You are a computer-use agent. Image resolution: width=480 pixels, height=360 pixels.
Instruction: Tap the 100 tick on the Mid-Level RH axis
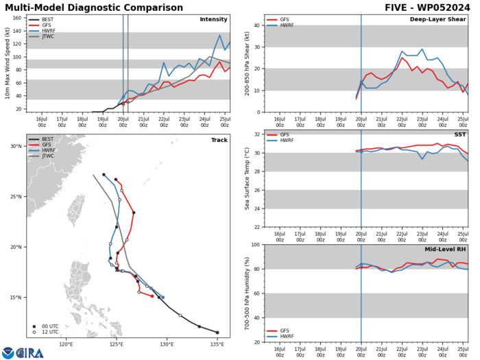tap(256, 245)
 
